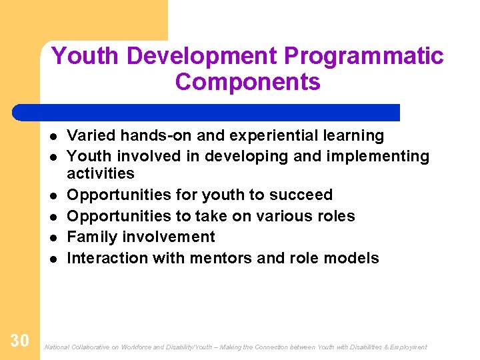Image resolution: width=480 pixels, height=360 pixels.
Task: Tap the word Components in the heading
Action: [x=247, y=82]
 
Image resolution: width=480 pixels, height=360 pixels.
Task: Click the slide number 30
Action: [x=19, y=341]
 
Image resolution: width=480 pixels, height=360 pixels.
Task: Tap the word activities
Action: [x=101, y=174]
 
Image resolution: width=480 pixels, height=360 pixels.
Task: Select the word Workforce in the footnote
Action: [x=137, y=347]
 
